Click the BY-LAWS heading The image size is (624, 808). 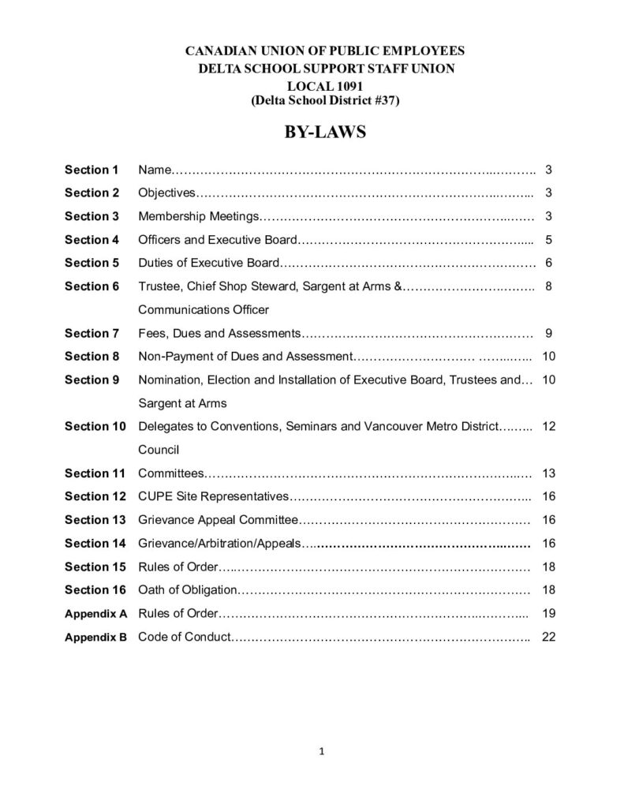tap(325, 132)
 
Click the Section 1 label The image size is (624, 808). tap(92, 170)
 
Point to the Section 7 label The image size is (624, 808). tap(92, 333)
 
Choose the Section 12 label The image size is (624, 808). tap(95, 496)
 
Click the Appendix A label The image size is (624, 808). tap(95, 614)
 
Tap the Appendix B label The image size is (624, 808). tap(95, 638)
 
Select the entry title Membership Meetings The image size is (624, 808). tap(199, 216)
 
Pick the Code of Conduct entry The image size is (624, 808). tap(185, 637)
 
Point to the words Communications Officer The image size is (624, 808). tap(204, 309)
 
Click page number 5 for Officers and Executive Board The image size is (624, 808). tap(548, 240)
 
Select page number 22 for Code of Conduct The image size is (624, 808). tap(549, 637)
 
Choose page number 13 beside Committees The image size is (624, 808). tap(549, 473)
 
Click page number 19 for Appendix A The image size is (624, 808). tap(549, 614)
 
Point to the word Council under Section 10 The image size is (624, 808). tap(159, 450)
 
